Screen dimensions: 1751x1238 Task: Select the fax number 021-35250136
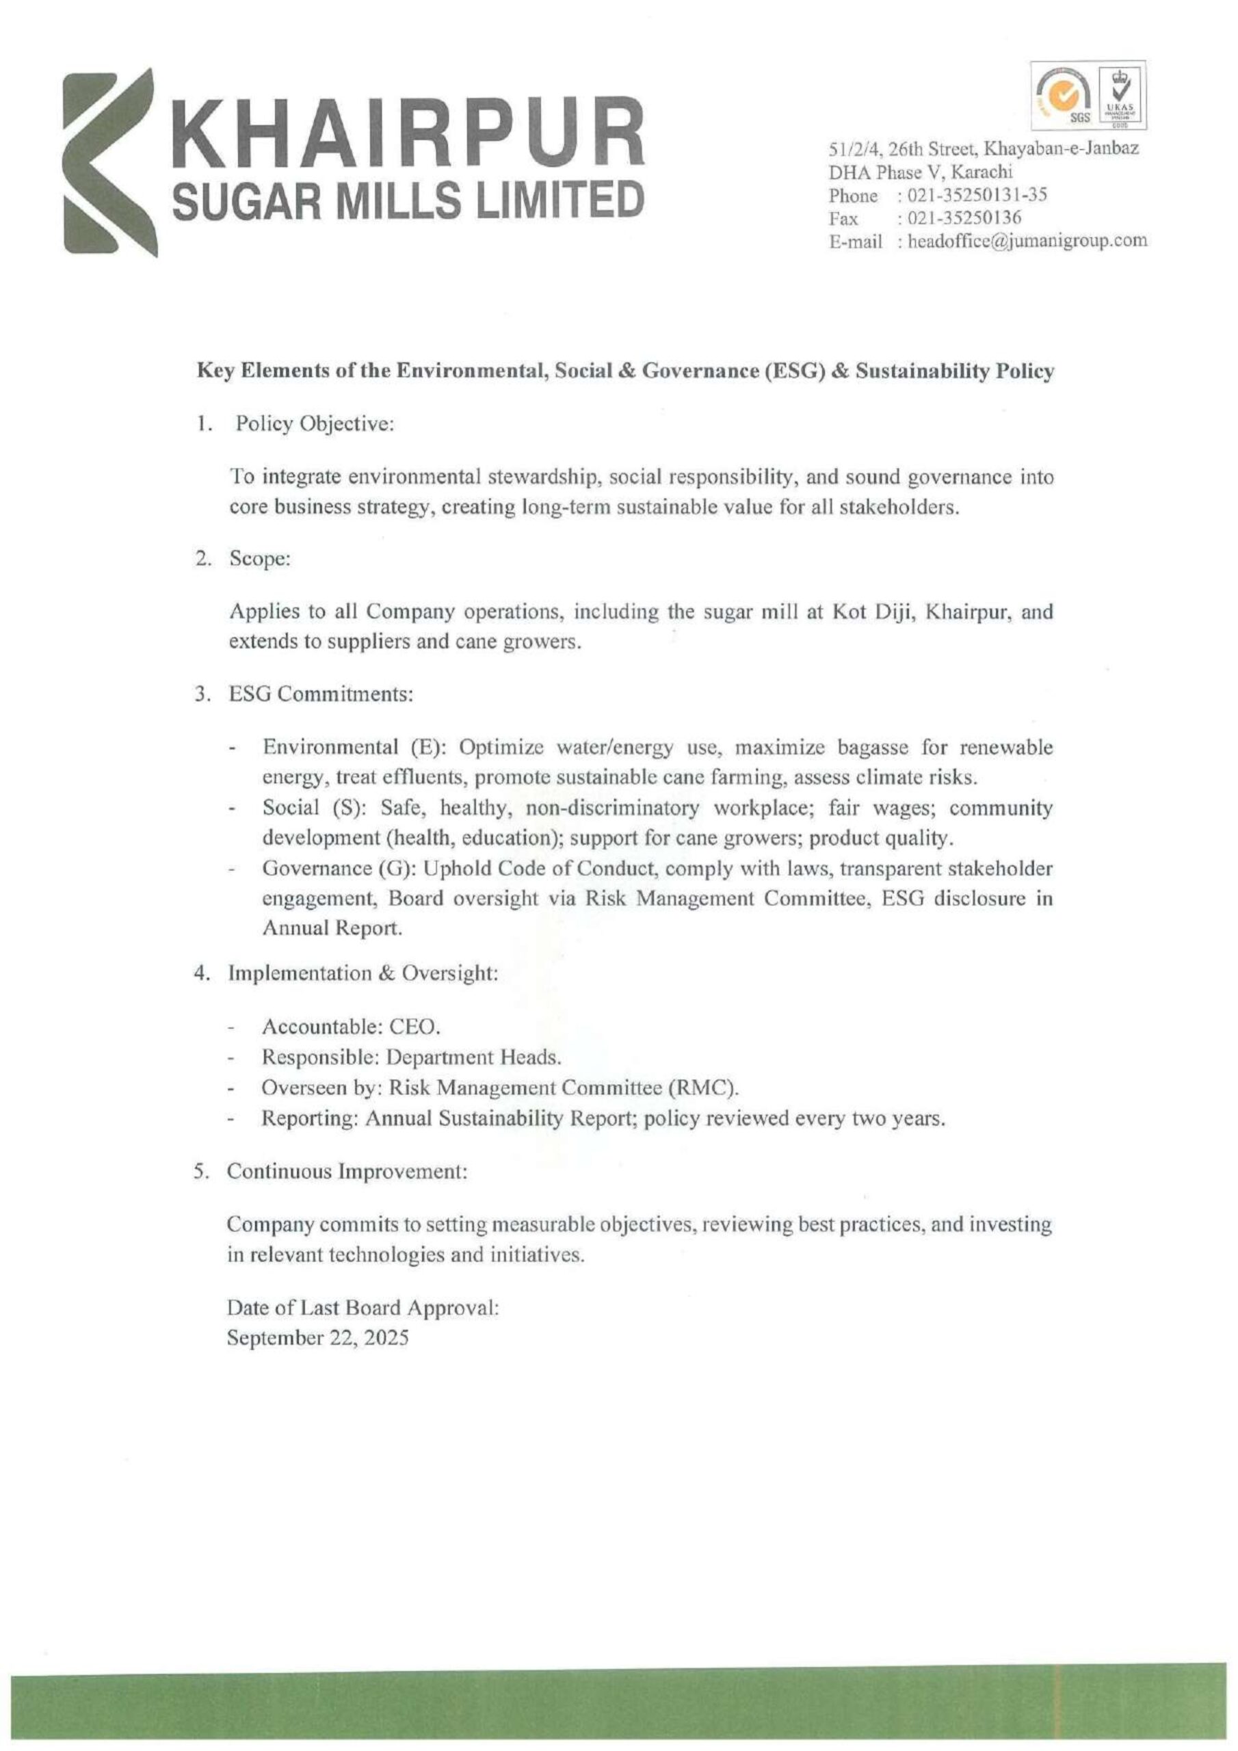[960, 219]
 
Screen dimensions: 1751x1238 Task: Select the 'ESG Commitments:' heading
[320, 695]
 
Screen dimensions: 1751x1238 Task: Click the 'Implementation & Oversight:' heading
[363, 974]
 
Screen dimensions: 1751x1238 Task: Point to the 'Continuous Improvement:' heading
[346, 1172]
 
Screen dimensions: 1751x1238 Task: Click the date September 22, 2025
[317, 1339]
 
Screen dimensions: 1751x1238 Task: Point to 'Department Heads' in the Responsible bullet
[473, 1057]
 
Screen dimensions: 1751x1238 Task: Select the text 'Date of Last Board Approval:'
[363, 1308]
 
